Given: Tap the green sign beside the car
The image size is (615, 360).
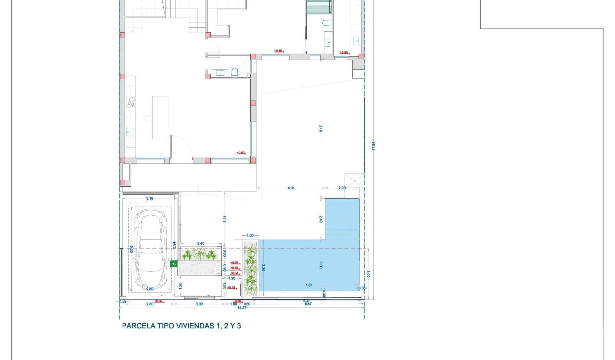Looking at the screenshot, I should point(174,264).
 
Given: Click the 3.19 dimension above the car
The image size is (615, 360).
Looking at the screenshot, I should point(149,198).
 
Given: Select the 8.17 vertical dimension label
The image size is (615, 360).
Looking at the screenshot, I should point(321,128).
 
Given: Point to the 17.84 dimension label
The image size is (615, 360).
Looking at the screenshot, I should point(374,146).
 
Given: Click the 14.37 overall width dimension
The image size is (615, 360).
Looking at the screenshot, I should point(242,308).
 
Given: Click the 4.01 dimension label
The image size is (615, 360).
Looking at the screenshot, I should point(291,188).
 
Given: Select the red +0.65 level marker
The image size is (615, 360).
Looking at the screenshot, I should point(234,263).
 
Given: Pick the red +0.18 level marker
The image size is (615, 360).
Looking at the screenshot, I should point(231,287).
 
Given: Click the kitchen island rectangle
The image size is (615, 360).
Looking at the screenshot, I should point(160,118).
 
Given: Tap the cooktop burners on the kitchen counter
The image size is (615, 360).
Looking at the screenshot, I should point(131,101).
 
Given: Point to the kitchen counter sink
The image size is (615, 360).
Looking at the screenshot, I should point(131,132).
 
